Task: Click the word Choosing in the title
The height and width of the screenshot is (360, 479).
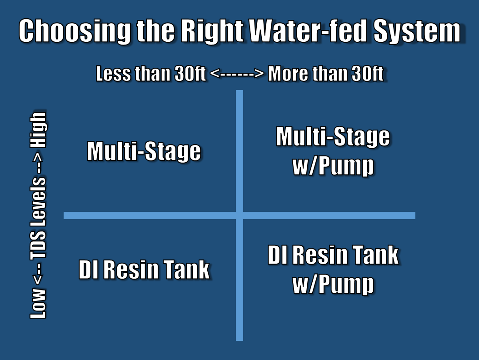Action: (x=75, y=31)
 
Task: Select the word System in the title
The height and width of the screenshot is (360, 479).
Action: (x=417, y=32)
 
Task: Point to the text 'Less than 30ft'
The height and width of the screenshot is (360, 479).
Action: (x=150, y=74)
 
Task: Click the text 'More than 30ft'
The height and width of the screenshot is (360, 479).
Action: (x=325, y=74)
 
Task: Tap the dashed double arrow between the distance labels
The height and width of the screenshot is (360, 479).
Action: (x=237, y=74)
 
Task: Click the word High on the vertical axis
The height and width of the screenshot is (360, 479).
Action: (x=38, y=130)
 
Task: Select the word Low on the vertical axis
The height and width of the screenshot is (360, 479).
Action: (x=38, y=303)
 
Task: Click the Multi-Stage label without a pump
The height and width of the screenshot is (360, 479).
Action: (x=144, y=151)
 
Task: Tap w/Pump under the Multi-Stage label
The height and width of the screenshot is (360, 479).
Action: (x=333, y=166)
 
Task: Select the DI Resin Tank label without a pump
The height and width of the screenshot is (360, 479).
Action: (x=144, y=269)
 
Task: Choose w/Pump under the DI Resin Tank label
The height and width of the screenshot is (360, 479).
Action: (x=333, y=285)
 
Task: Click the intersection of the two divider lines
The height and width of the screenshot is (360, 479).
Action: (x=239, y=215)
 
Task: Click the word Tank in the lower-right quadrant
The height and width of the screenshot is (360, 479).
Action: (x=375, y=255)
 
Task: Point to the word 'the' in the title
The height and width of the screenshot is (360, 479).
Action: (x=155, y=31)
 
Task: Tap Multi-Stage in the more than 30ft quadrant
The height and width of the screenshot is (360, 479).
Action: (x=333, y=137)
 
